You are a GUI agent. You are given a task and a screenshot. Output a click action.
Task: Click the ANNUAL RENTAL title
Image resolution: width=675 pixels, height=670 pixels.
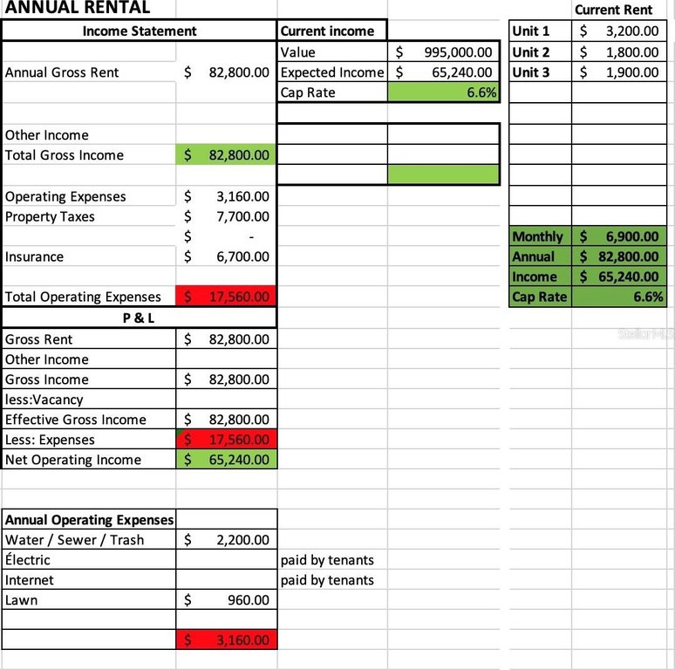click(77, 8)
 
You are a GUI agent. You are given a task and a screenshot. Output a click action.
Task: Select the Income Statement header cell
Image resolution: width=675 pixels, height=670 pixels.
click(140, 31)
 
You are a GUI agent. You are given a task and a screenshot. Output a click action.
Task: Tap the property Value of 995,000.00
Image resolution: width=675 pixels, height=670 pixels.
click(459, 52)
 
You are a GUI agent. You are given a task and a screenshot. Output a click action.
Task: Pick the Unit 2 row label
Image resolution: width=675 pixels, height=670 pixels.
click(531, 52)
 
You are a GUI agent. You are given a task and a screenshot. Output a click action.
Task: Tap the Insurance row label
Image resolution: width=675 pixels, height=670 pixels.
click(35, 257)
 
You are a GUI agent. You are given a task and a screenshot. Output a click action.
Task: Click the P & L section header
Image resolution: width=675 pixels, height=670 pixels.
click(139, 318)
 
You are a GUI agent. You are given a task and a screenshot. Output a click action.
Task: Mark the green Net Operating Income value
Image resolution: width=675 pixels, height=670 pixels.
click(240, 460)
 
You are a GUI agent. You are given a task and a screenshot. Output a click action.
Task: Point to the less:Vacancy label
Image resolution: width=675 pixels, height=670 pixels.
click(44, 400)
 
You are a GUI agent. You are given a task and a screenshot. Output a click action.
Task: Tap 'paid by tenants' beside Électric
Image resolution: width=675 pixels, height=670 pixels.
click(327, 560)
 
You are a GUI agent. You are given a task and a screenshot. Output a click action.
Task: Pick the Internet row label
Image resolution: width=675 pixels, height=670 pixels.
click(30, 580)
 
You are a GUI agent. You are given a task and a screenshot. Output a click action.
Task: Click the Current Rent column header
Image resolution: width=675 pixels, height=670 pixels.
click(613, 10)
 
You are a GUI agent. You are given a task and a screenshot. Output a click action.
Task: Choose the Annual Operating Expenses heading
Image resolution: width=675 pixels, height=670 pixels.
click(90, 520)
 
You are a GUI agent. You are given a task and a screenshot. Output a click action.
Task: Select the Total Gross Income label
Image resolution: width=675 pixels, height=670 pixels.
click(65, 155)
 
